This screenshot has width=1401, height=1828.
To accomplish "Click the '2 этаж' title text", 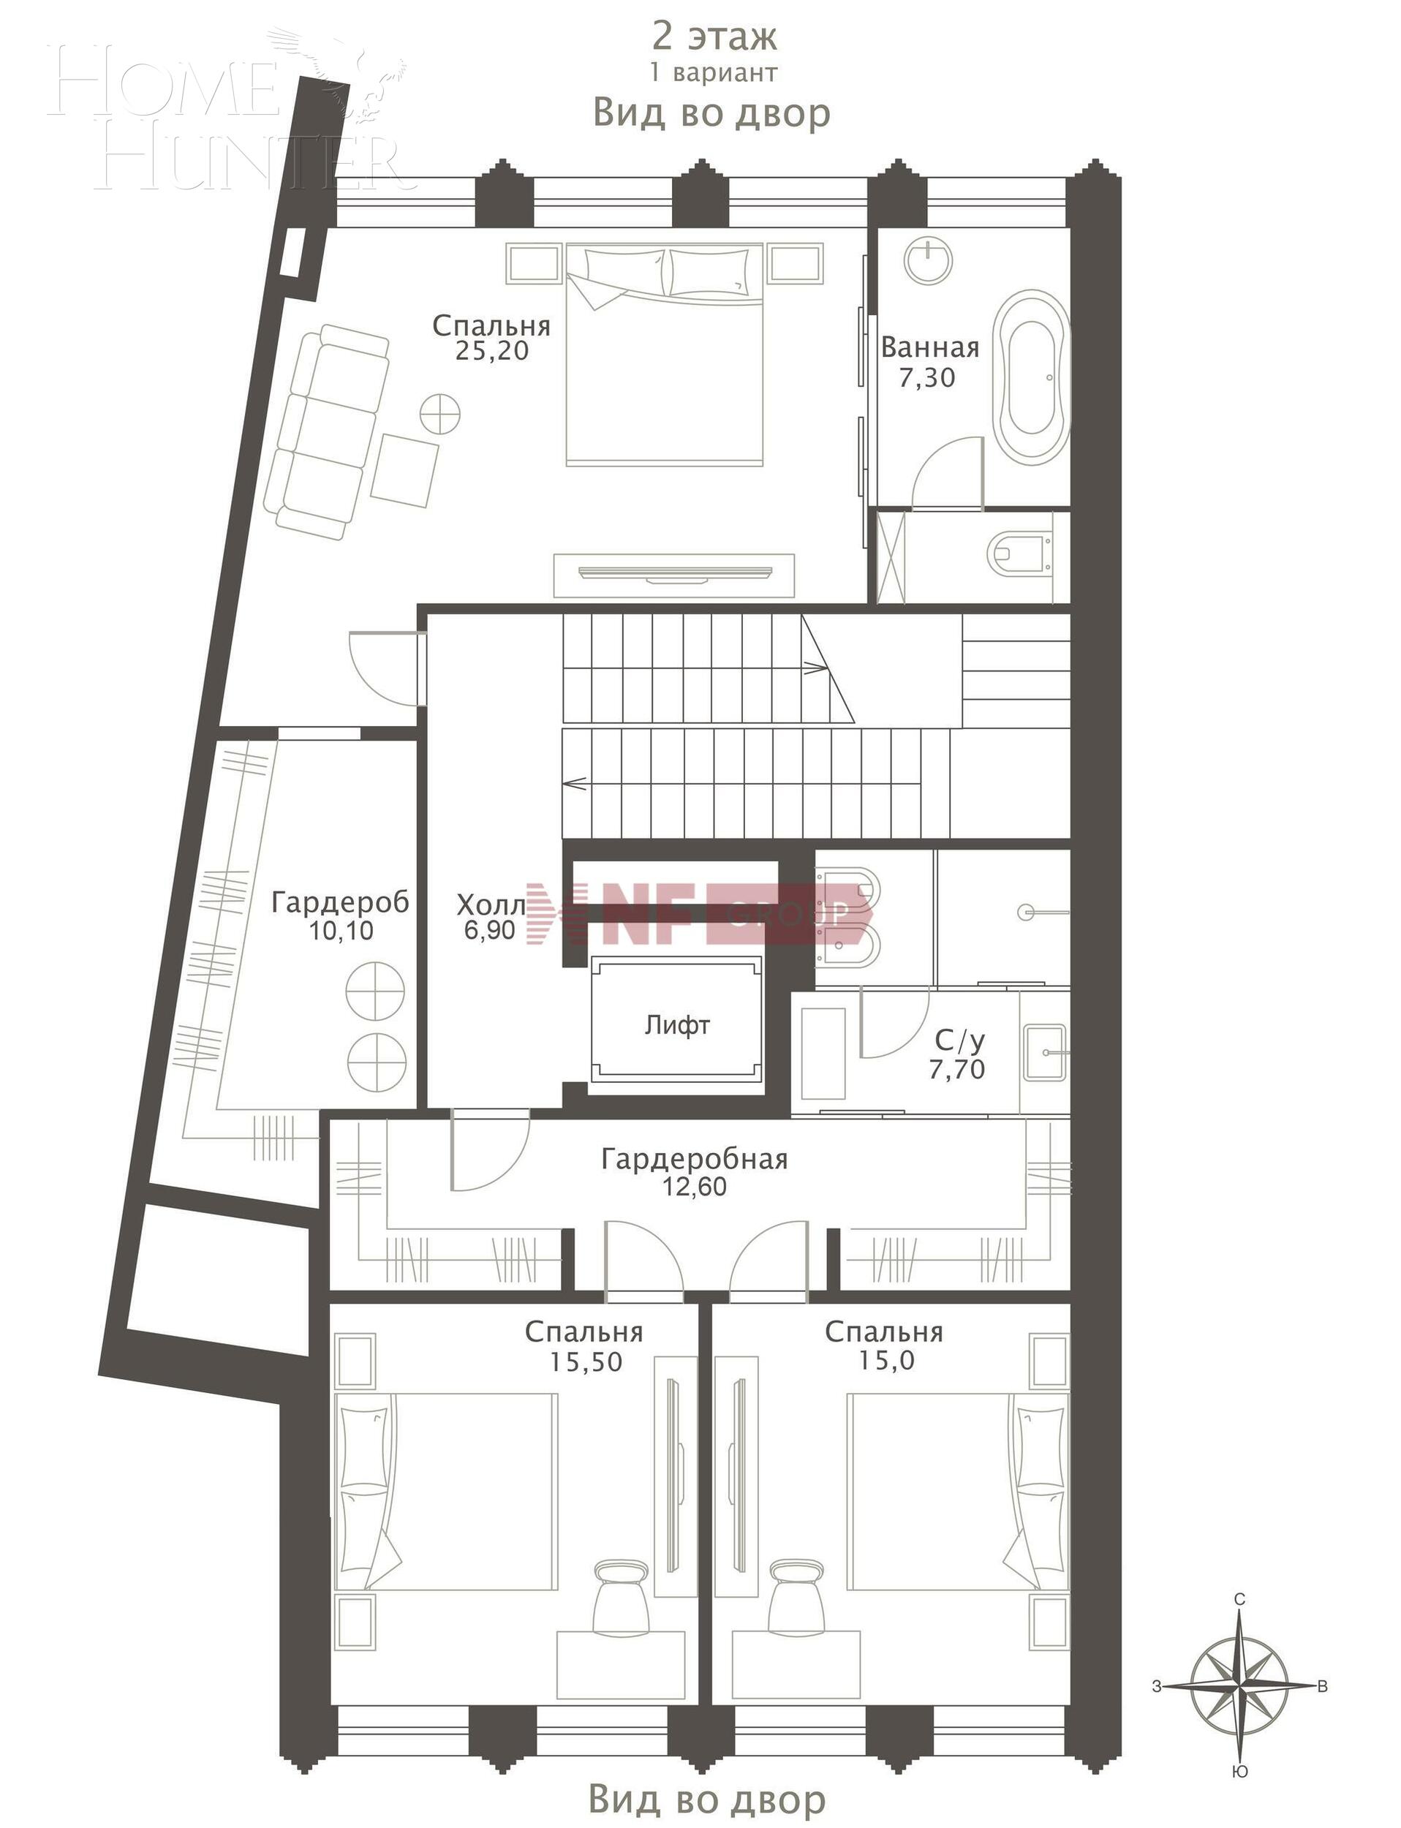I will [714, 37].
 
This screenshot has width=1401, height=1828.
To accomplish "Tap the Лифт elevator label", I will [676, 1025].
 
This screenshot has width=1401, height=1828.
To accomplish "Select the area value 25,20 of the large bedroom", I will [492, 351].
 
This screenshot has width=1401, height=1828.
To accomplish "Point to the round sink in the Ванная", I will [928, 261].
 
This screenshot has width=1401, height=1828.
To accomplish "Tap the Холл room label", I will [491, 904].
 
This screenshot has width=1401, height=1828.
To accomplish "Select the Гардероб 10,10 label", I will [340, 915].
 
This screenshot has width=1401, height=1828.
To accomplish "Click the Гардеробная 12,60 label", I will [695, 1171].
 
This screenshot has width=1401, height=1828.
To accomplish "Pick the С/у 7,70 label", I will [959, 1054].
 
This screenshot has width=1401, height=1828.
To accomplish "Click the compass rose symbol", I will [1240, 1685].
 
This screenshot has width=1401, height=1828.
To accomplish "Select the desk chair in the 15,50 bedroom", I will [622, 1595].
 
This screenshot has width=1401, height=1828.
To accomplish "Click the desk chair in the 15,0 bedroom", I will [795, 1595].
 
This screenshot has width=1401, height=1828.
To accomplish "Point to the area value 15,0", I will [885, 1361].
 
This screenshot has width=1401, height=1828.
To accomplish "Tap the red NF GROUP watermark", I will [700, 913].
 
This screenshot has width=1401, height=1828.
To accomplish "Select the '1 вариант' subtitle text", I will [714, 73].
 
